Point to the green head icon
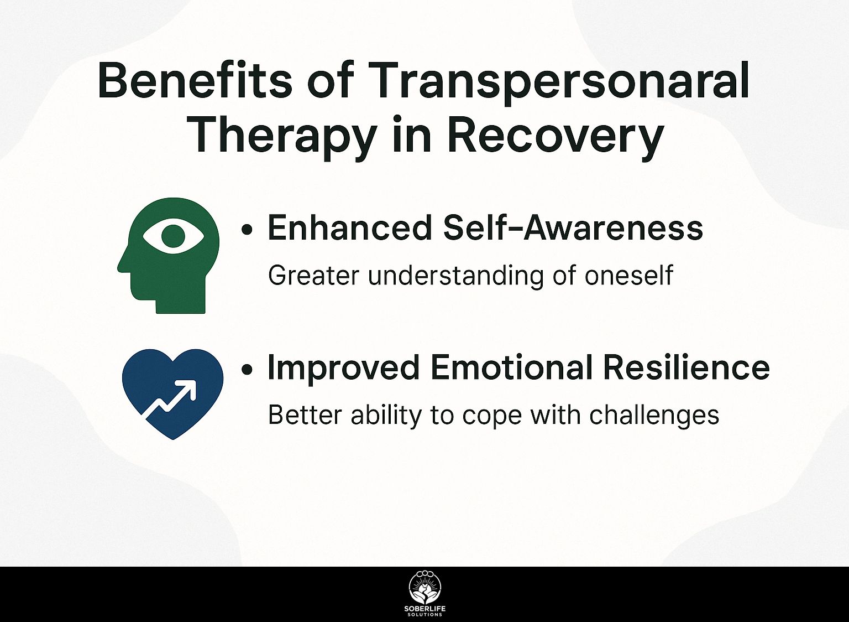[x=169, y=256]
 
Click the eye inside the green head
[x=173, y=236]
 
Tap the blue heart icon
[x=173, y=394]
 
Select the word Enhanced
[x=350, y=227]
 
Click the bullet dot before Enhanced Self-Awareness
[x=247, y=230]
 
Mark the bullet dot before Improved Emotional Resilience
[x=247, y=370]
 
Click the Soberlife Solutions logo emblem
[x=425, y=593]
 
